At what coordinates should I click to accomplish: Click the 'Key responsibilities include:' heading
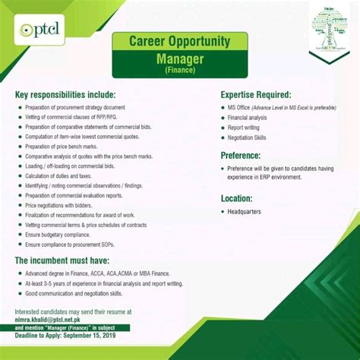click(65, 95)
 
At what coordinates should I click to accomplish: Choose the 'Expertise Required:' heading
click(256, 95)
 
